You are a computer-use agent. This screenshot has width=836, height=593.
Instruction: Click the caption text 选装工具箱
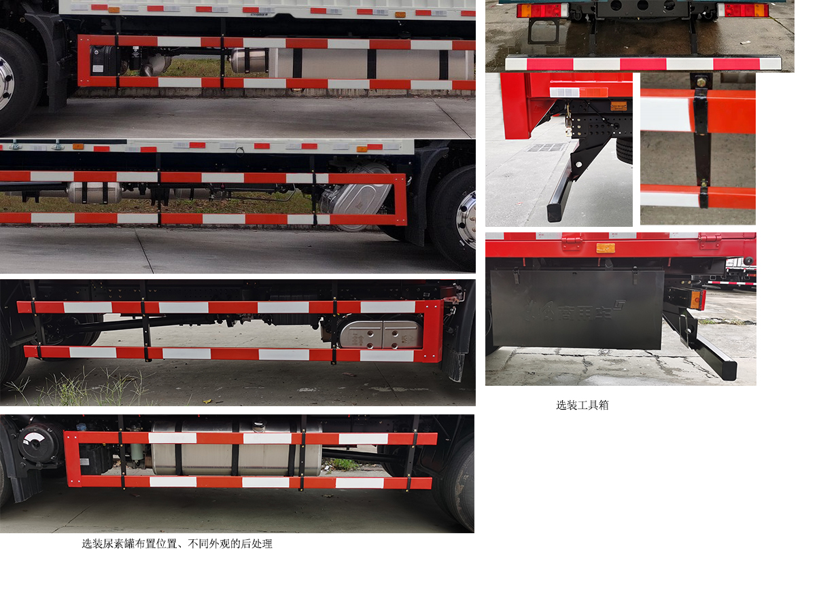(x=582, y=406)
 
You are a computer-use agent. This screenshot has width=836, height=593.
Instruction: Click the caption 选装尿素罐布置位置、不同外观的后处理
(x=177, y=543)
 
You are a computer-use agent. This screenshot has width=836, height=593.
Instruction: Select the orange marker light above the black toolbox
(x=605, y=248)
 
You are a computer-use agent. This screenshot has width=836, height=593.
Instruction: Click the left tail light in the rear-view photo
(x=541, y=10)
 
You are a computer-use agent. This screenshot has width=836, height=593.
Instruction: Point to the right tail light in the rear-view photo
(x=743, y=10)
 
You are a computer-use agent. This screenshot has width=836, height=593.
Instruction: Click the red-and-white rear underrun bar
(x=642, y=64)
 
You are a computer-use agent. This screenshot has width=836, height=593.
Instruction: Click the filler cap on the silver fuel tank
(x=258, y=425)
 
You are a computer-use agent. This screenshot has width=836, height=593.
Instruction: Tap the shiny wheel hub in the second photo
(x=466, y=219)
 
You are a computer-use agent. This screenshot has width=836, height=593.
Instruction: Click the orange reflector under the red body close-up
(x=618, y=105)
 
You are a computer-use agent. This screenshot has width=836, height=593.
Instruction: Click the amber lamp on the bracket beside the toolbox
(x=696, y=298)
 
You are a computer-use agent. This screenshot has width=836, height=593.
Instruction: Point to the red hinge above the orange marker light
(x=572, y=241)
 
